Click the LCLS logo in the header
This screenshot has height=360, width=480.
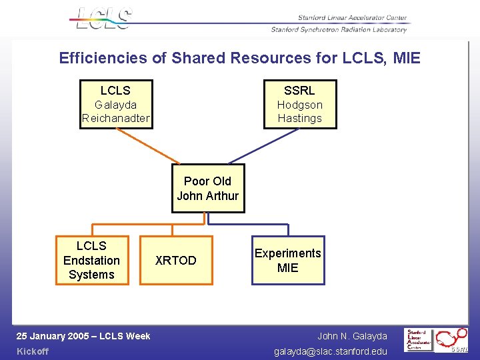(x=104, y=18)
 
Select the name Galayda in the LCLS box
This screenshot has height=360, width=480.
(x=115, y=105)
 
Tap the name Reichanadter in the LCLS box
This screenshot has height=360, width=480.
(x=116, y=119)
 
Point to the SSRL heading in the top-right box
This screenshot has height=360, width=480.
(x=299, y=91)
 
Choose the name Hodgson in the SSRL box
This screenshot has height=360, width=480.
(x=299, y=105)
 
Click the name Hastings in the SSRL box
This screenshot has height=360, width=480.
(x=299, y=119)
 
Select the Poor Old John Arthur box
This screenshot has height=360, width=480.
(x=208, y=189)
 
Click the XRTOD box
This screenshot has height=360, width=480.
(x=176, y=261)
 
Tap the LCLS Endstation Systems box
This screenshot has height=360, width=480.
(x=91, y=261)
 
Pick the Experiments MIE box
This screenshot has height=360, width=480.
(x=288, y=261)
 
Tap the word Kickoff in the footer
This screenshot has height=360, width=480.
(x=33, y=351)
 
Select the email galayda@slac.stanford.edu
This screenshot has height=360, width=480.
(x=331, y=351)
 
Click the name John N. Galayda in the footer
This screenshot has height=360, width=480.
(x=352, y=336)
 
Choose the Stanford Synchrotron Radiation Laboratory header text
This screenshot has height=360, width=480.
(x=339, y=29)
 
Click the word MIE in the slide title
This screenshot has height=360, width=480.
(x=407, y=58)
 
